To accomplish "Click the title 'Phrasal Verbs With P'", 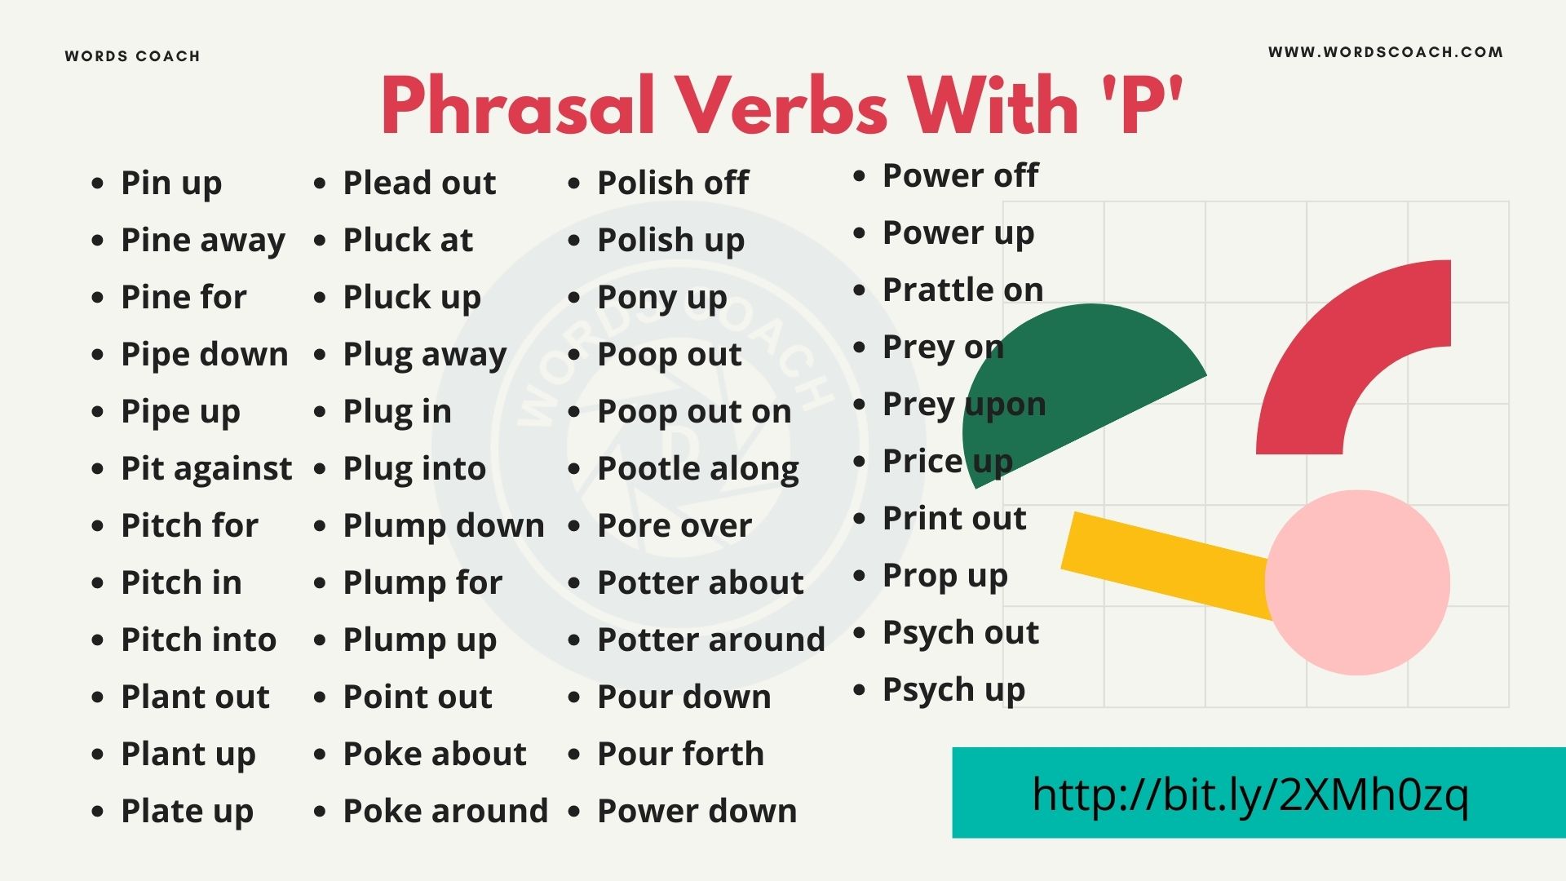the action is point(781,106).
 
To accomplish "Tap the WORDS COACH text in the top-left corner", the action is point(132,56).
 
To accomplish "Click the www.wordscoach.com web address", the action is point(1385,52).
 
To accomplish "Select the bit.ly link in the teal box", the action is point(1250,795).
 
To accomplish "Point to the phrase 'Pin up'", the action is point(171,184).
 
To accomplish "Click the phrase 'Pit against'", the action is point(206,469).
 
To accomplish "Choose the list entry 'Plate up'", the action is point(187,812).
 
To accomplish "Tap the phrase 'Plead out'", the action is point(419,183).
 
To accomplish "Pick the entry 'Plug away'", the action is point(425,355).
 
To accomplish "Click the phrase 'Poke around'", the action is point(445,811).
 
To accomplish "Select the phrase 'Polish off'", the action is point(673,183).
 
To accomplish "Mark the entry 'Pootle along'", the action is point(698,469).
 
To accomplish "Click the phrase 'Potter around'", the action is point(711,640).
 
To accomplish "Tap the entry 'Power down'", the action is point(697,811).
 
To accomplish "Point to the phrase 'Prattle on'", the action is point(963,290).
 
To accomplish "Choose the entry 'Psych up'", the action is point(953,690).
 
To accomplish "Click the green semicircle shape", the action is point(1060,383).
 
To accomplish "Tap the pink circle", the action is point(1357,582).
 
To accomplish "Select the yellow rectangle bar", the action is point(1166,564).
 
